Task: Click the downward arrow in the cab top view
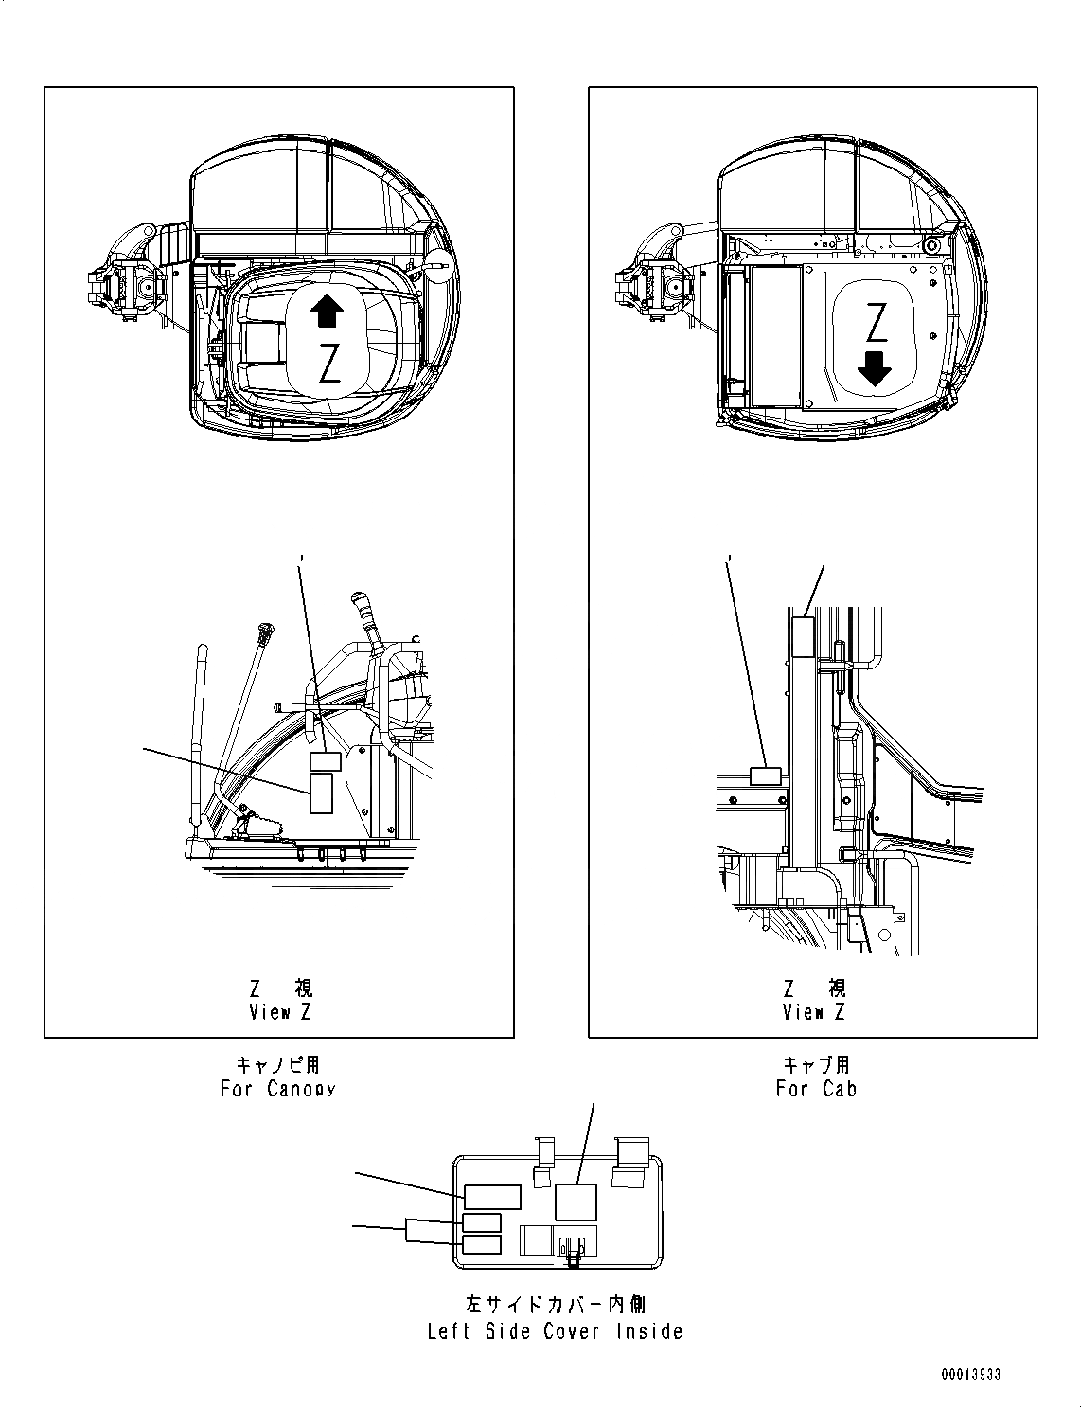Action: pos(877,369)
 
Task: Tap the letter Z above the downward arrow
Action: pos(877,322)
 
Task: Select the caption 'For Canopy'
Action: pos(277,1089)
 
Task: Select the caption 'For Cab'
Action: pos(816,1089)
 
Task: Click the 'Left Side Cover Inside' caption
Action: pos(555,1331)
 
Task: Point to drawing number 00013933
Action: pos(971,1375)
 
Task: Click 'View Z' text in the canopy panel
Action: pos(279,1012)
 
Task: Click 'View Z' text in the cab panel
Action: pos(813,1012)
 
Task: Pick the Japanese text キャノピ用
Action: pos(277,1066)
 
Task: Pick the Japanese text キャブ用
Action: pos(816,1066)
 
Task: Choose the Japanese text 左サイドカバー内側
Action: pos(555,1306)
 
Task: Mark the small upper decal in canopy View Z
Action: pos(327,761)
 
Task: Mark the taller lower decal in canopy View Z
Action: pos(321,793)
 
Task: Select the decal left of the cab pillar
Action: pos(764,777)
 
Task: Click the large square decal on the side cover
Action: pos(576,1202)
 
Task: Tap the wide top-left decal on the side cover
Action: pos(491,1196)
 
